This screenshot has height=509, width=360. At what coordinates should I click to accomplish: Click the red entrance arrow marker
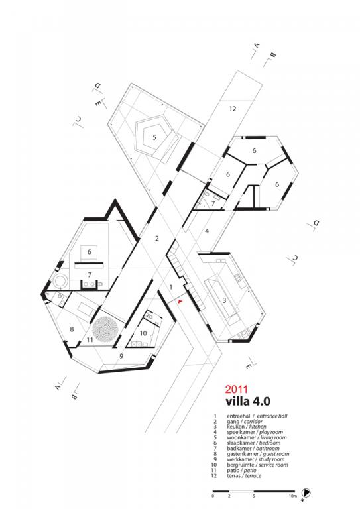click(x=180, y=302)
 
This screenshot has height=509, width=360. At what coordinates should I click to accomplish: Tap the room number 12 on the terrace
click(x=233, y=109)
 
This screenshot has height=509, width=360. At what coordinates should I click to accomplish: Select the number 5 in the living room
click(x=154, y=137)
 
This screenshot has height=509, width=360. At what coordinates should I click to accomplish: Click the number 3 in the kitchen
click(x=224, y=300)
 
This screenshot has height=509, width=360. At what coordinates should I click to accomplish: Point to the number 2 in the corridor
click(x=157, y=239)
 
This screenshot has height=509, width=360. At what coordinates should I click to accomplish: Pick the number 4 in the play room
click(x=207, y=231)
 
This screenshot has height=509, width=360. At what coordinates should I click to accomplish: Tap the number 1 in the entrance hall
click(x=171, y=287)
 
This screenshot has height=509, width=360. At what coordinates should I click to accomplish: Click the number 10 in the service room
click(x=143, y=333)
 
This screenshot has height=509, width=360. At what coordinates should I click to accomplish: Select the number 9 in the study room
click(x=121, y=356)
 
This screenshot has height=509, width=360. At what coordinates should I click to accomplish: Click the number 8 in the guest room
click(x=72, y=329)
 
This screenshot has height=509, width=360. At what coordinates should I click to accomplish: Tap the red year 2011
click(x=237, y=389)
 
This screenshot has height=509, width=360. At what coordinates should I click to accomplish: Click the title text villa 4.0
click(x=248, y=401)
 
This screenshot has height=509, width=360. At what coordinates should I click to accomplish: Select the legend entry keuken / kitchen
click(x=247, y=427)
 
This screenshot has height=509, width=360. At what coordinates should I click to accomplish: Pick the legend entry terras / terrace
click(x=244, y=476)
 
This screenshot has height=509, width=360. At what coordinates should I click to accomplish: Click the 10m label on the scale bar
click(x=293, y=496)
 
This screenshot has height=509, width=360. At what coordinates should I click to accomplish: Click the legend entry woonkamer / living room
click(x=257, y=437)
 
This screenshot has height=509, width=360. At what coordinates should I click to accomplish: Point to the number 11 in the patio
click(x=90, y=340)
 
